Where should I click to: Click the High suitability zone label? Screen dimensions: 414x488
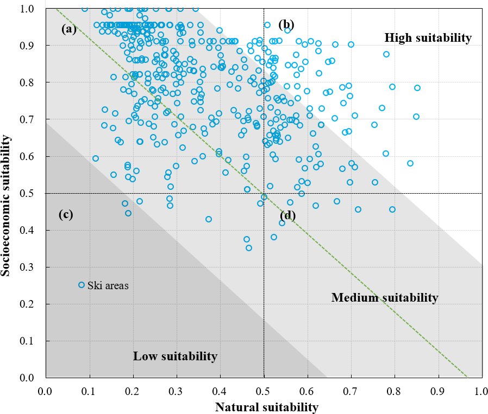point(428,37)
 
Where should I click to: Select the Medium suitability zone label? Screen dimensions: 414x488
point(384,297)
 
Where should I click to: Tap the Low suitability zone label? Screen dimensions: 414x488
point(175,356)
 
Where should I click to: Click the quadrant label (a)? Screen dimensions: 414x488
point(69,29)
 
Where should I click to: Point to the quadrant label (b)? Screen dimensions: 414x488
point(286,24)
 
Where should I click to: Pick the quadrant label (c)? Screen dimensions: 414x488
point(66,214)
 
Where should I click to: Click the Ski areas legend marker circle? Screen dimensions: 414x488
point(82,285)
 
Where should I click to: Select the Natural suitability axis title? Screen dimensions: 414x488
point(266,406)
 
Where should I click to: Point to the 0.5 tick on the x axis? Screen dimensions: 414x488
point(264,390)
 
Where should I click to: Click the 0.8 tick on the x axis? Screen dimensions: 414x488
point(395,390)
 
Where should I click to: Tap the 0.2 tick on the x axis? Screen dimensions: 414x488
point(133,390)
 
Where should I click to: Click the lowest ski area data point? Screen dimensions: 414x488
point(249,248)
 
